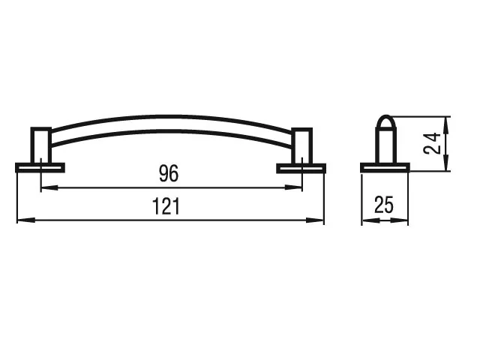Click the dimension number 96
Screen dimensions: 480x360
click(169, 173)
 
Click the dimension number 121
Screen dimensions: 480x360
click(166, 206)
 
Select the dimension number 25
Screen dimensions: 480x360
click(383, 205)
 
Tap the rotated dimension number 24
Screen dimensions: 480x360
click(432, 143)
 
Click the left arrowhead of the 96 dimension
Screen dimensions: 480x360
click(49, 187)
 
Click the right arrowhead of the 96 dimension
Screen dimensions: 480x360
click(293, 187)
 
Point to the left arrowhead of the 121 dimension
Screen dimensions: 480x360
click(25, 220)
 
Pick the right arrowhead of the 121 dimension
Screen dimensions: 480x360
click(315, 220)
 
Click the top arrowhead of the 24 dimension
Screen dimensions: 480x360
click(445, 125)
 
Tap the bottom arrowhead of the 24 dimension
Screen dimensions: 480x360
click(445, 163)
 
